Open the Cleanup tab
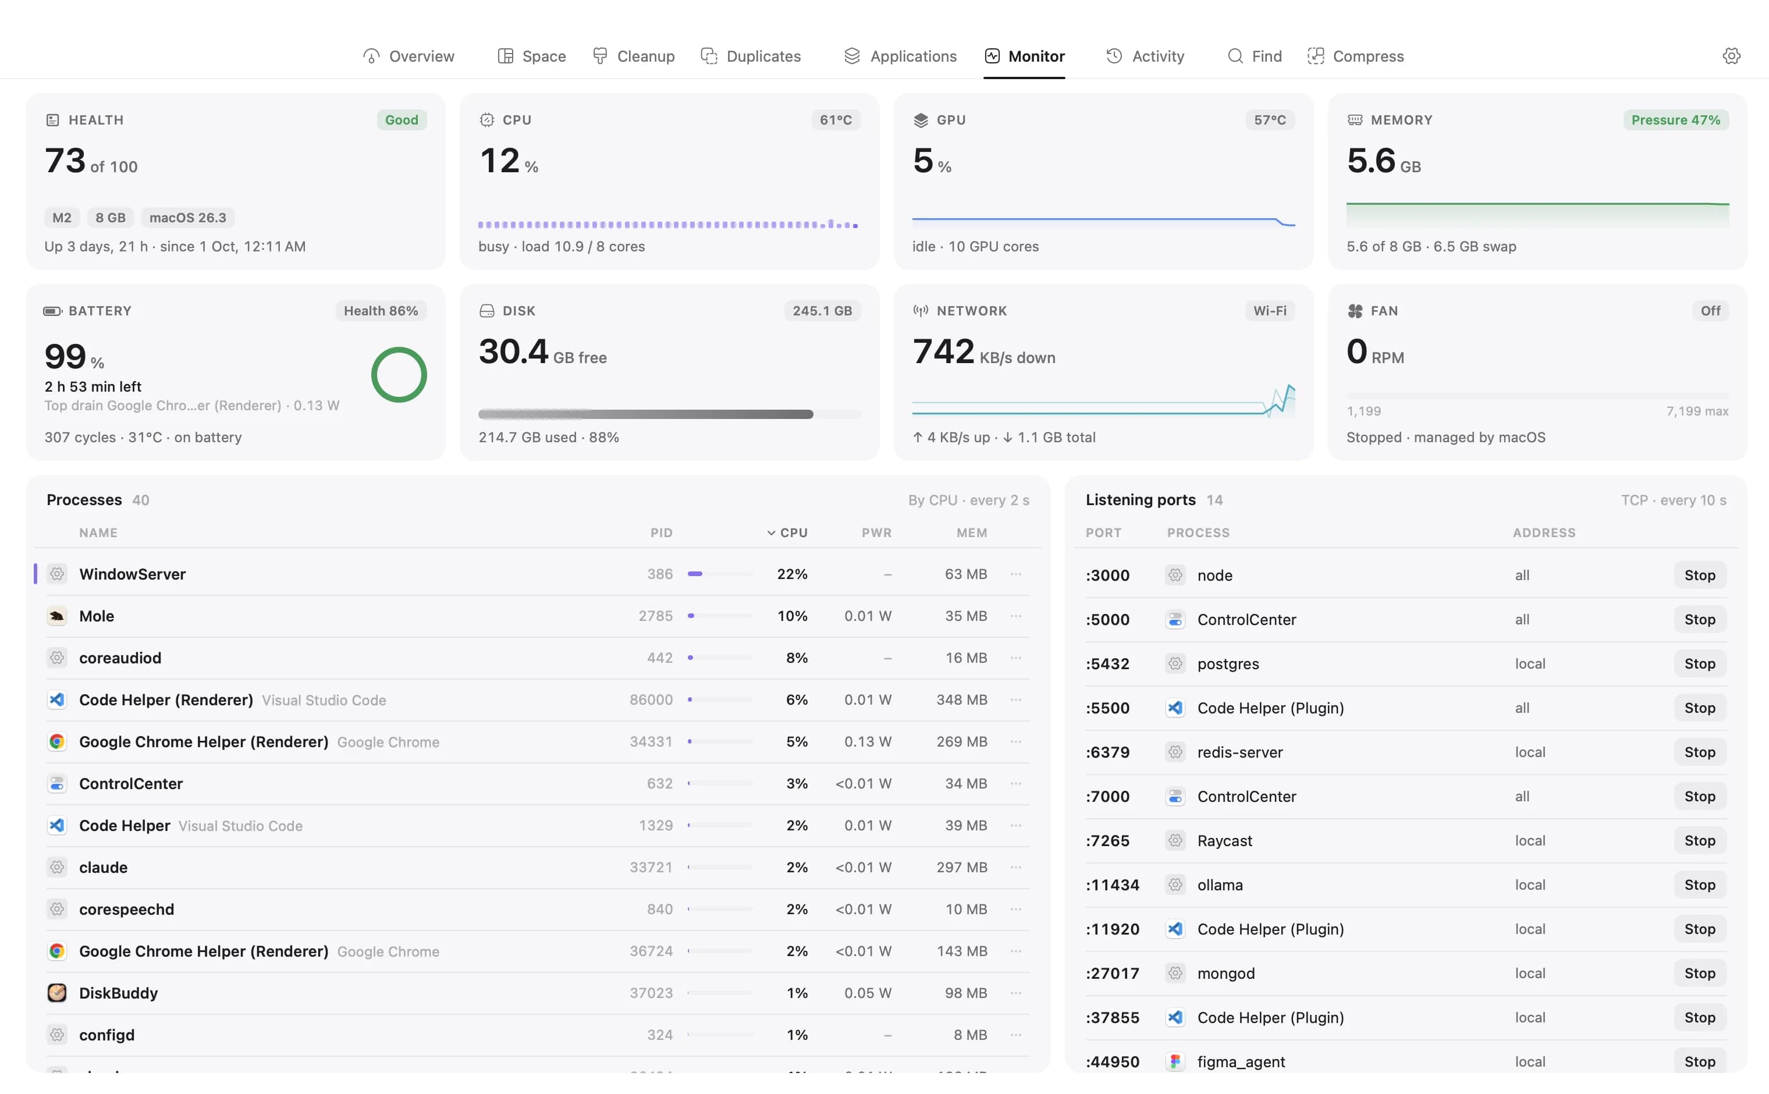(x=633, y=56)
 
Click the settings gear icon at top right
(x=1731, y=56)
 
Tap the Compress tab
(x=1355, y=56)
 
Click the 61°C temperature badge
(x=835, y=119)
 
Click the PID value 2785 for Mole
(x=655, y=616)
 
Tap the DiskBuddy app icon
(x=56, y=993)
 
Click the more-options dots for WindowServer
(x=1016, y=574)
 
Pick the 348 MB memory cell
(x=961, y=699)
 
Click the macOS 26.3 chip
(x=187, y=217)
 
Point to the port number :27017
(x=1112, y=973)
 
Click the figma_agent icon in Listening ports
(x=1175, y=1061)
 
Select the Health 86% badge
(x=381, y=310)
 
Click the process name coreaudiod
(x=120, y=658)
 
